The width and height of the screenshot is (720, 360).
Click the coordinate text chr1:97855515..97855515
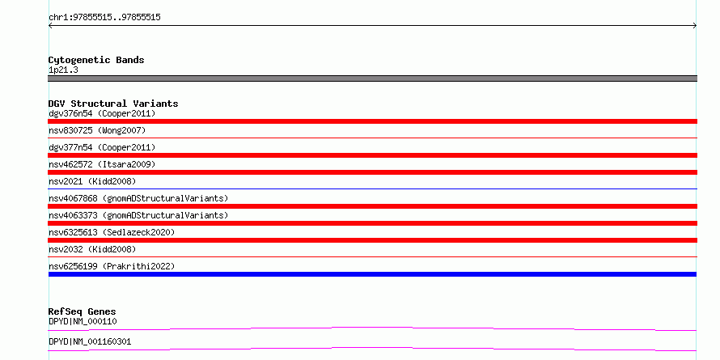coord(104,18)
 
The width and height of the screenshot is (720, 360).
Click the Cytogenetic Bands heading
coord(96,60)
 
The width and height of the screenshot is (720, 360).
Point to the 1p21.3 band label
coord(63,70)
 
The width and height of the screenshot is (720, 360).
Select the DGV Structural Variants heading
coord(113,104)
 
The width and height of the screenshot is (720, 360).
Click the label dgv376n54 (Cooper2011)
coord(102,113)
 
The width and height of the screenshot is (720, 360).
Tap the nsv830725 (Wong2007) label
coord(97,130)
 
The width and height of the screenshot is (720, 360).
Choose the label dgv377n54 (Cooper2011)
coord(102,147)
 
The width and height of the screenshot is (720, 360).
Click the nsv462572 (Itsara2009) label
coord(102,164)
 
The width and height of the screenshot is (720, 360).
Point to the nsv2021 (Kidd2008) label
coord(92,181)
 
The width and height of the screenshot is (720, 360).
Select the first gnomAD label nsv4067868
coord(138,198)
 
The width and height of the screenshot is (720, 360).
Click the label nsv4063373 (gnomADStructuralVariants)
coord(138,215)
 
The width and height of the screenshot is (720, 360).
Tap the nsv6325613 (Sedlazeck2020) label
coord(112,232)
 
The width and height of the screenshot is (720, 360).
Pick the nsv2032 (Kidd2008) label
coord(92,249)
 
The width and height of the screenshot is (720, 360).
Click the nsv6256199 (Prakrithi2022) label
coord(112,266)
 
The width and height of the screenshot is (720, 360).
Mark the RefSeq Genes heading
coord(82,311)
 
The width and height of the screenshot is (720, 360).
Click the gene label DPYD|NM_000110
coord(83,321)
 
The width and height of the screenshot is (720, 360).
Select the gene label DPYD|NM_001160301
coord(90,341)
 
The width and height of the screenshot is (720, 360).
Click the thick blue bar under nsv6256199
coord(372,274)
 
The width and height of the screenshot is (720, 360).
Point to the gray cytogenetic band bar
coord(372,78)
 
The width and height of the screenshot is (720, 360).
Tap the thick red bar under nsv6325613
coord(372,240)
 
